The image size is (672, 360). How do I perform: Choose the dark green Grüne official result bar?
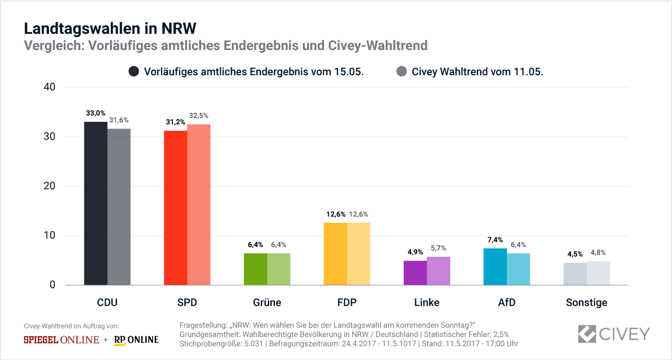click(255, 269)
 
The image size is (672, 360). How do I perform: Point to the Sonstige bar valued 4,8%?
click(598, 273)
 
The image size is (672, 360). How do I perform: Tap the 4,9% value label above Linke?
click(415, 252)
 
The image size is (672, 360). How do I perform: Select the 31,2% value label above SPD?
click(175, 122)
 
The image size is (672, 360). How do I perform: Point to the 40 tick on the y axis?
click(49, 87)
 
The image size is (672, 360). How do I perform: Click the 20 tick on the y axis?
click(49, 186)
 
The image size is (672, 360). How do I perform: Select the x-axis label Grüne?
click(267, 302)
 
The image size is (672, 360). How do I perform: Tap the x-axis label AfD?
click(506, 302)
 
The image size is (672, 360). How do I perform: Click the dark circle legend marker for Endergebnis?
click(134, 72)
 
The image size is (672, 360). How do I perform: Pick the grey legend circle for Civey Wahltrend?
click(402, 72)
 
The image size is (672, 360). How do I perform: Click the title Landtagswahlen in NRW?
click(110, 29)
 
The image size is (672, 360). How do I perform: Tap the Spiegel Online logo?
click(61, 340)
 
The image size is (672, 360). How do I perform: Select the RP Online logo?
click(136, 340)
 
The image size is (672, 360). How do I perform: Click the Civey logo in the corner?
click(614, 334)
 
